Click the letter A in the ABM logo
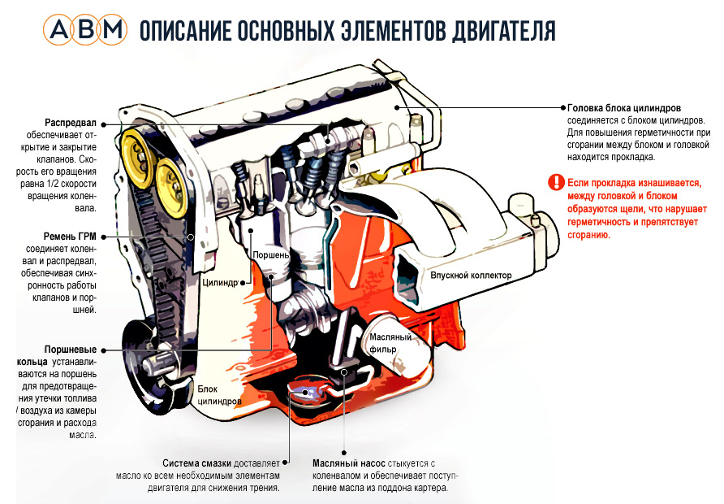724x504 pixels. click(x=62, y=31)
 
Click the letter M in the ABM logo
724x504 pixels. click(x=114, y=31)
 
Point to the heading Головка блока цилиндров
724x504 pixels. click(x=624, y=107)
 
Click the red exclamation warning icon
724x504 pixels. click(x=555, y=182)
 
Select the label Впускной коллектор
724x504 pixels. click(x=472, y=276)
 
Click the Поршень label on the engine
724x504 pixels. click(x=271, y=254)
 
